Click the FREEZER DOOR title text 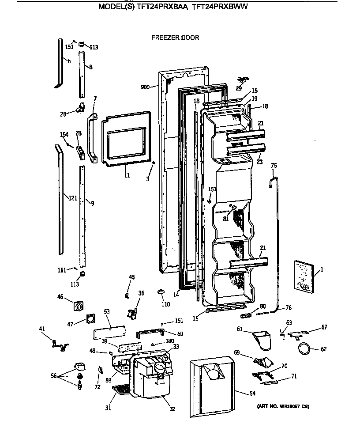point(175,38)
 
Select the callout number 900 point(146,87)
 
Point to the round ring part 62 point(304,348)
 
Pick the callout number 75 point(274,166)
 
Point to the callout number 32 point(172,409)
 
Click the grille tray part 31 point(120,389)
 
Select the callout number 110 point(165,304)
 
